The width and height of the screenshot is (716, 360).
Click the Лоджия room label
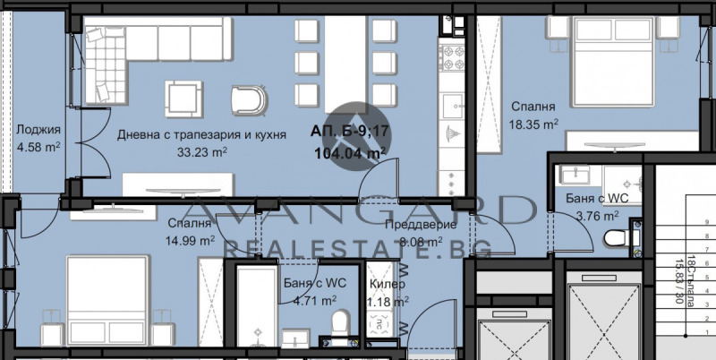coord(38,129)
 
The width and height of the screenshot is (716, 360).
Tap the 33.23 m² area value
coord(201,151)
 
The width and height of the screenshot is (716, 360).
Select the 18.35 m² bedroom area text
coord(534,124)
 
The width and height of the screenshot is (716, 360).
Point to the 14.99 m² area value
coord(188,239)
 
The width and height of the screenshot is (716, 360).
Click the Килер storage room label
coord(387,285)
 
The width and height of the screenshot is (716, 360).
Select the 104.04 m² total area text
coord(350,152)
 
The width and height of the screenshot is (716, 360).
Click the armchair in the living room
coord(248,99)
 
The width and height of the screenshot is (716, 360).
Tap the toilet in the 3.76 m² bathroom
coord(615,239)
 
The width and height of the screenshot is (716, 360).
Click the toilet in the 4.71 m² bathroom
coord(339,323)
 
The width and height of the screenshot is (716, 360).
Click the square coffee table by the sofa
coord(183,96)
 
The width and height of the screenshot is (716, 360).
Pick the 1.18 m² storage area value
coord(388,302)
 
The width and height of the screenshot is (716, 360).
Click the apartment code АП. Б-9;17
coord(349,132)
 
